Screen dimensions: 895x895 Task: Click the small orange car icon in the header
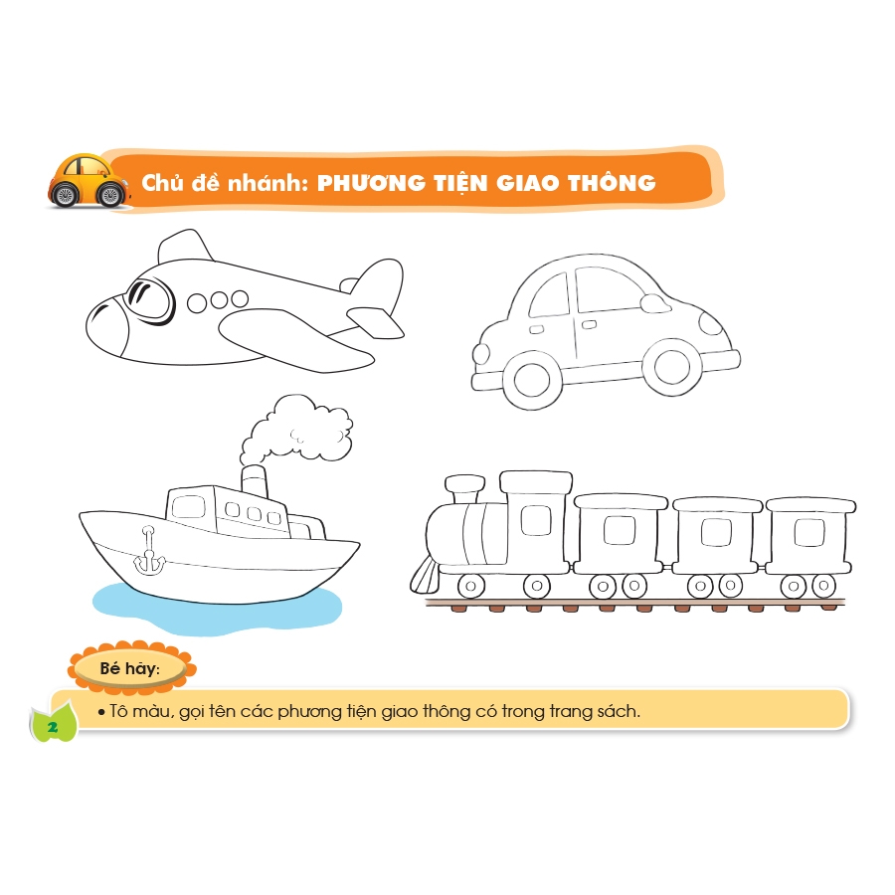[89, 180]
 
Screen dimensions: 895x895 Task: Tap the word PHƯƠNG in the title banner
[370, 183]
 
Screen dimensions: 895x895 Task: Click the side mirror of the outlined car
[655, 303]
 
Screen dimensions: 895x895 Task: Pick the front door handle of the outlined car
[589, 325]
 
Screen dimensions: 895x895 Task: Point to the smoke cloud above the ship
[295, 430]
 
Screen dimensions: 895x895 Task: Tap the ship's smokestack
[254, 481]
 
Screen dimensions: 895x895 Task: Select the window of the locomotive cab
[536, 520]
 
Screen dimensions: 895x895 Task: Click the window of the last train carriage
[808, 533]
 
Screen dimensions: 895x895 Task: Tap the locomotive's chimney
[464, 489]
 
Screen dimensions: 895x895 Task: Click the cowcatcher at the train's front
[425, 576]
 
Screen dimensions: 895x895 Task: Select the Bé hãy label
[130, 668]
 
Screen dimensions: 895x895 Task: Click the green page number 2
[54, 727]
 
